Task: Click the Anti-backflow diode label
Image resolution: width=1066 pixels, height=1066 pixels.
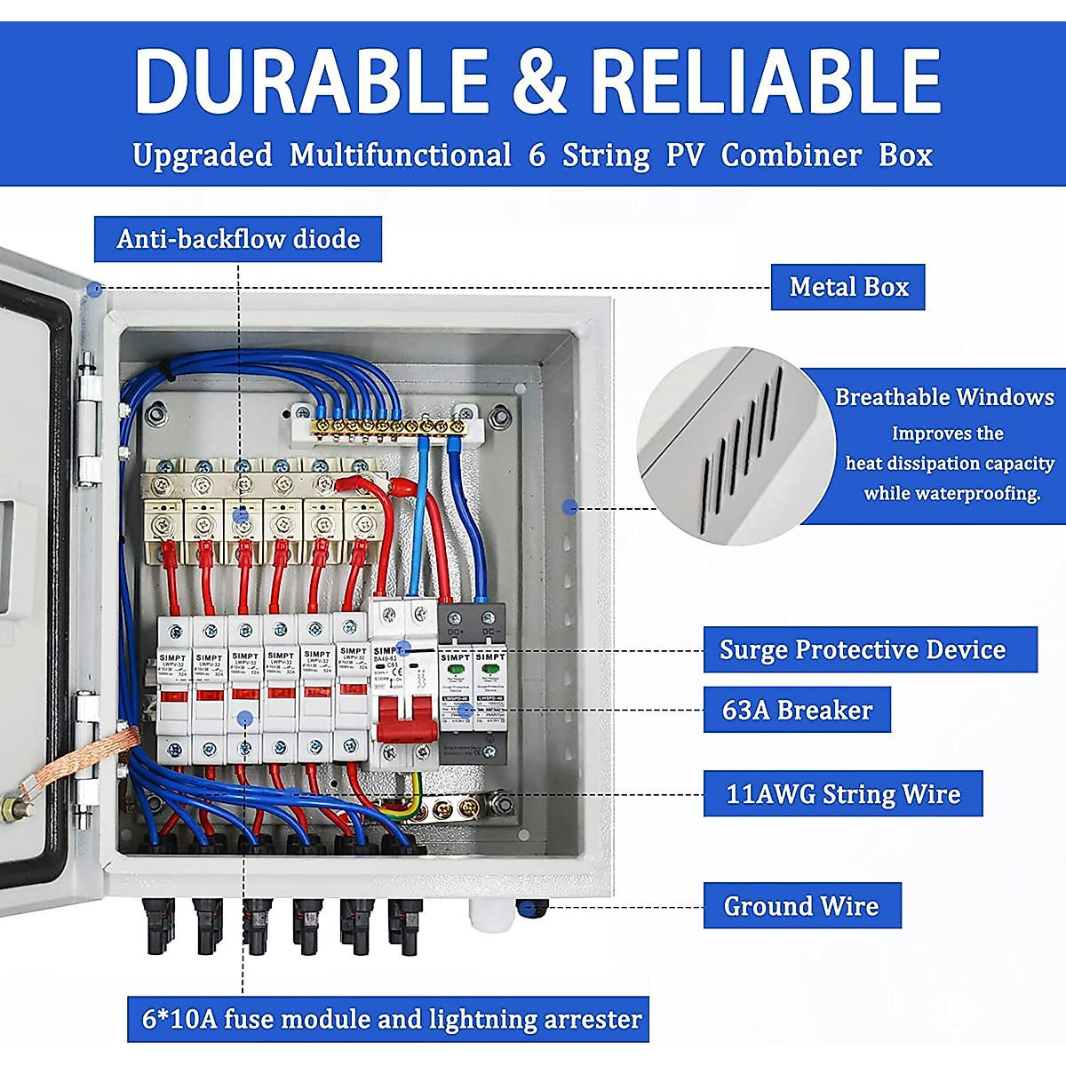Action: pos(238,239)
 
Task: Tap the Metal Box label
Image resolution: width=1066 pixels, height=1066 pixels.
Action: pos(848,287)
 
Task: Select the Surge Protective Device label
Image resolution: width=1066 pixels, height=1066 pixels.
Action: pos(863,649)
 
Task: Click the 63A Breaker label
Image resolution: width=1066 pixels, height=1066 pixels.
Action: pos(797,710)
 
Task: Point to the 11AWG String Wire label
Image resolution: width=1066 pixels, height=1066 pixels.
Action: pos(843,793)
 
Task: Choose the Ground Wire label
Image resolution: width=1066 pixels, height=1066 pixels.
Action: pos(801,906)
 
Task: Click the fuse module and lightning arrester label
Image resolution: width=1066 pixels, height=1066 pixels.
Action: pos(391,1018)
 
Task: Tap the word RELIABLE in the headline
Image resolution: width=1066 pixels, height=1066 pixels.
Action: pos(766,82)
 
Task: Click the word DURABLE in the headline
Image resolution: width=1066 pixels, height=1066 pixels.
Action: pos(311,82)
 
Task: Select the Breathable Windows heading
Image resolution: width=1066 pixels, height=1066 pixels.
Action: pos(944,397)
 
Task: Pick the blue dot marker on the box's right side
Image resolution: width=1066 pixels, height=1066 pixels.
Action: pos(569,506)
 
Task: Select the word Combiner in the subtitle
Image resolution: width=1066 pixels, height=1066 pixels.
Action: pos(791,155)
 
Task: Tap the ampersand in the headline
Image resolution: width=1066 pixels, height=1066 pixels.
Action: pos(539,82)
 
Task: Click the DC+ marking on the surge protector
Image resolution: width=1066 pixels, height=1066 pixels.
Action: pos(455,632)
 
